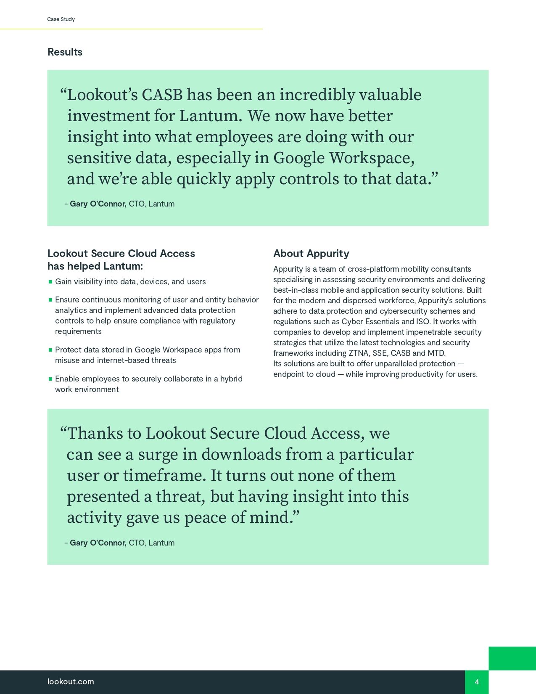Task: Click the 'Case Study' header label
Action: pos(61,19)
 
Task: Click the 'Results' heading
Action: pos(65,52)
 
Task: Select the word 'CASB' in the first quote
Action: pos(162,95)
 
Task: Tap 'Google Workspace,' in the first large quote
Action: pos(344,158)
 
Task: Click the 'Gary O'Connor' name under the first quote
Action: pos(98,204)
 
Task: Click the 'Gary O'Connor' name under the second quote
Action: pos(98,543)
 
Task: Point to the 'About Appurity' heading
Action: pos(311,254)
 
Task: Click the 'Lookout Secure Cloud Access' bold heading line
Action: pos(121,254)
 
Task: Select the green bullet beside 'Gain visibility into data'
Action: pos(50,282)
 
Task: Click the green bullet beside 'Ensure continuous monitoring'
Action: pos(50,300)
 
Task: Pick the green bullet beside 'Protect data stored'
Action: pos(50,350)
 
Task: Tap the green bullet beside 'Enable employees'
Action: pos(50,379)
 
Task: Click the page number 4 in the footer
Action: pos(477,682)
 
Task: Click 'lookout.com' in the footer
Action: pos(71,682)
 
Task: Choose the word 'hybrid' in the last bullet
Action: pos(231,379)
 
